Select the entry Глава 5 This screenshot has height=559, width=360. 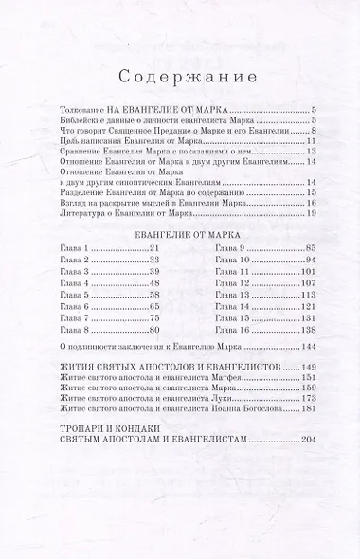click(72, 295)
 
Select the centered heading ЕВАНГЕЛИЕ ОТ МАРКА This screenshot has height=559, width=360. click(180, 230)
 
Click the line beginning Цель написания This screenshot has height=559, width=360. click(123, 140)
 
